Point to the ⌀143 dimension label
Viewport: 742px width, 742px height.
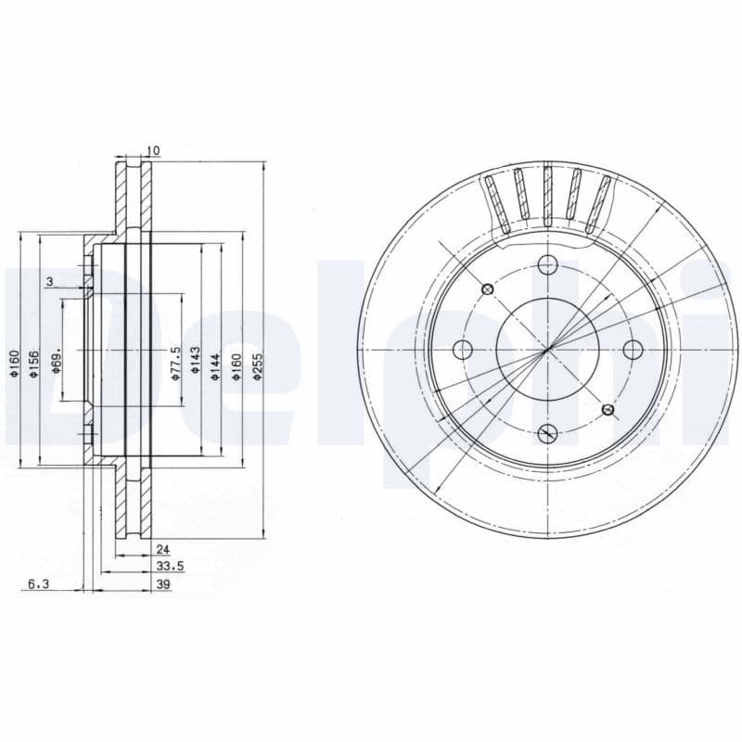tap(196, 359)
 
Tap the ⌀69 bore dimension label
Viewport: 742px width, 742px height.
tap(56, 362)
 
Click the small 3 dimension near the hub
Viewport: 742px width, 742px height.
tap(48, 281)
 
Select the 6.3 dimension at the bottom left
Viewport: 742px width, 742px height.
tap(38, 583)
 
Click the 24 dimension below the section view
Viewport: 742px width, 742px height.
tap(163, 549)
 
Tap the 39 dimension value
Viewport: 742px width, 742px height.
tap(163, 583)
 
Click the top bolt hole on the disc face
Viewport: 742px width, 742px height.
tap(548, 265)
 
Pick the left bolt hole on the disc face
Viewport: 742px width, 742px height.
tap(463, 349)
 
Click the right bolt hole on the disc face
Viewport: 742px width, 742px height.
tap(633, 349)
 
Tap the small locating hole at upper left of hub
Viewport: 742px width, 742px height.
tap(486, 289)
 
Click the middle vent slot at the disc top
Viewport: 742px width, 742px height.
tap(547, 197)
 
